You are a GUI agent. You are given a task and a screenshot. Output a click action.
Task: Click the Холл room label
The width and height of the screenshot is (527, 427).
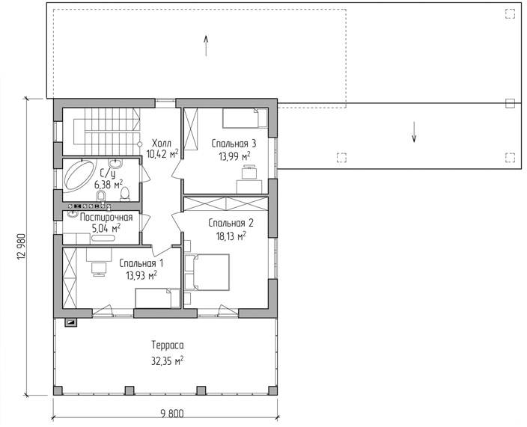[x=162, y=144]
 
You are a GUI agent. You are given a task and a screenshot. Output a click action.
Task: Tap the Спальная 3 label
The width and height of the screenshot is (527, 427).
[x=234, y=144]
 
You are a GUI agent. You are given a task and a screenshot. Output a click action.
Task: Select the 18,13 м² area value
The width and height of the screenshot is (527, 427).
[x=231, y=236]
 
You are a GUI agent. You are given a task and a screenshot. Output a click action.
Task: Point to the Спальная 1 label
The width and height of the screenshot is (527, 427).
[x=141, y=263]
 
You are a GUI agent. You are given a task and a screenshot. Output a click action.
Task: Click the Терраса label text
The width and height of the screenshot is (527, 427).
[x=168, y=345]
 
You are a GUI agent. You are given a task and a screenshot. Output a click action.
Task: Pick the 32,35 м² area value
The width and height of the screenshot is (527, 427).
[x=167, y=361]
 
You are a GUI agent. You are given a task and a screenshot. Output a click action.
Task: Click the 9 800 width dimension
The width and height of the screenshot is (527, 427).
[x=172, y=414]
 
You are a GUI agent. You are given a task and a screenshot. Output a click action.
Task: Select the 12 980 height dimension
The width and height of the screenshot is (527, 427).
[x=21, y=247]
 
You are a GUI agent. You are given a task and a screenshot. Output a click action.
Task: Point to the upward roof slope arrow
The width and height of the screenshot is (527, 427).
[x=206, y=46]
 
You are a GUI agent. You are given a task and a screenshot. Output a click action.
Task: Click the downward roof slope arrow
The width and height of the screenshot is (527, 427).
[x=414, y=132]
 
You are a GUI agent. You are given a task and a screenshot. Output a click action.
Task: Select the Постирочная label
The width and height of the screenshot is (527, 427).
[x=106, y=217]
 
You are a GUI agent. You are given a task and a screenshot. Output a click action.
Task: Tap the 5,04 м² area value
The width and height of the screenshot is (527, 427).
[x=106, y=229]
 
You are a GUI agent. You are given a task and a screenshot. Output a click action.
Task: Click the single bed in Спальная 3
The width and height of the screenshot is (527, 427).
[x=245, y=118]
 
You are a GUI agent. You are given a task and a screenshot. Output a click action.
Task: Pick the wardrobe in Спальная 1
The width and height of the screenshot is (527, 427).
[x=70, y=277]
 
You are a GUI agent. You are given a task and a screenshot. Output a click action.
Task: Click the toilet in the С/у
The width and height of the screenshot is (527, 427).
[x=125, y=194]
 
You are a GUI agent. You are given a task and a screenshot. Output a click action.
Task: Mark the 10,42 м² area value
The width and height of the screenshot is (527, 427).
[x=162, y=154]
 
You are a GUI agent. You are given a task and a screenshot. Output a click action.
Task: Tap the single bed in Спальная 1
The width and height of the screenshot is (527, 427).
[x=158, y=298]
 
